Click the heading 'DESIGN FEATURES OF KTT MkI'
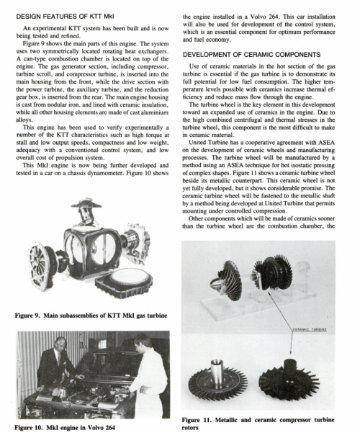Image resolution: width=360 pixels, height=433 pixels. [x=65, y=17]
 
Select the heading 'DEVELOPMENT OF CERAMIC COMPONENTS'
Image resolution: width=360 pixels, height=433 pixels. [x=251, y=55]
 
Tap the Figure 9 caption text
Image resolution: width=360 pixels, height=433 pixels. [x=91, y=316]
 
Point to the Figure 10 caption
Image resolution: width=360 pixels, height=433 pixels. [x=65, y=427]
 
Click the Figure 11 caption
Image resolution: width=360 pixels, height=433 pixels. [x=258, y=424]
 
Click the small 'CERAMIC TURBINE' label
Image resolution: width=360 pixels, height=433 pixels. [x=310, y=329]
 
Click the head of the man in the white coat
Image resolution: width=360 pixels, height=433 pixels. [x=143, y=344]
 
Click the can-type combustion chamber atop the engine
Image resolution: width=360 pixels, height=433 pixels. [x=86, y=210]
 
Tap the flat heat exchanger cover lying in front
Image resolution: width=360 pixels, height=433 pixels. [x=124, y=282]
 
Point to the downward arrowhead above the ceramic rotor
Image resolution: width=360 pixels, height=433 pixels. [x=290, y=352]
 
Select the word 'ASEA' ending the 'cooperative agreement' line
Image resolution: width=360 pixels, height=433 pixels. [x=326, y=143]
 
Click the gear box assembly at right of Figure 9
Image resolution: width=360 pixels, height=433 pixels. [x=136, y=241]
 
